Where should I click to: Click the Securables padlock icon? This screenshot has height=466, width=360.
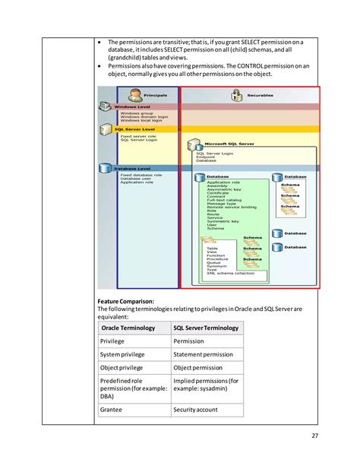[236, 95]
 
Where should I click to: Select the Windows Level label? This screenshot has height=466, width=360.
[132, 107]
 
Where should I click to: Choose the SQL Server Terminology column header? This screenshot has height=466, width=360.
[206, 328]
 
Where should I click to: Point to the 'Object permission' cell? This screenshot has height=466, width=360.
[198, 367]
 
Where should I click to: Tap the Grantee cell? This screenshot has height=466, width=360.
[112, 410]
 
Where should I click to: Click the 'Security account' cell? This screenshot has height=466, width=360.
[196, 410]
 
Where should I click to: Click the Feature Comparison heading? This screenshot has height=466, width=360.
[125, 301]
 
